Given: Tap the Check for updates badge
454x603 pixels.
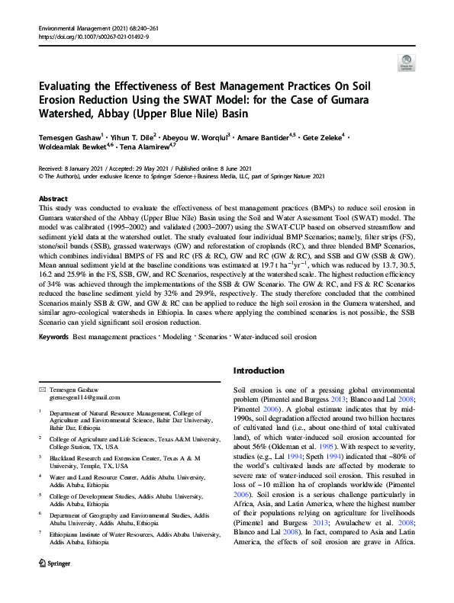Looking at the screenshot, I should (x=406, y=63).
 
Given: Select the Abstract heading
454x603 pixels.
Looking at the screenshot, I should (x=53, y=198).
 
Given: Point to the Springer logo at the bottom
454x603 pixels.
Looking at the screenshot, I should (x=57, y=588).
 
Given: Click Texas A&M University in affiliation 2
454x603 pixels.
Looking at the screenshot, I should (x=193, y=439).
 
